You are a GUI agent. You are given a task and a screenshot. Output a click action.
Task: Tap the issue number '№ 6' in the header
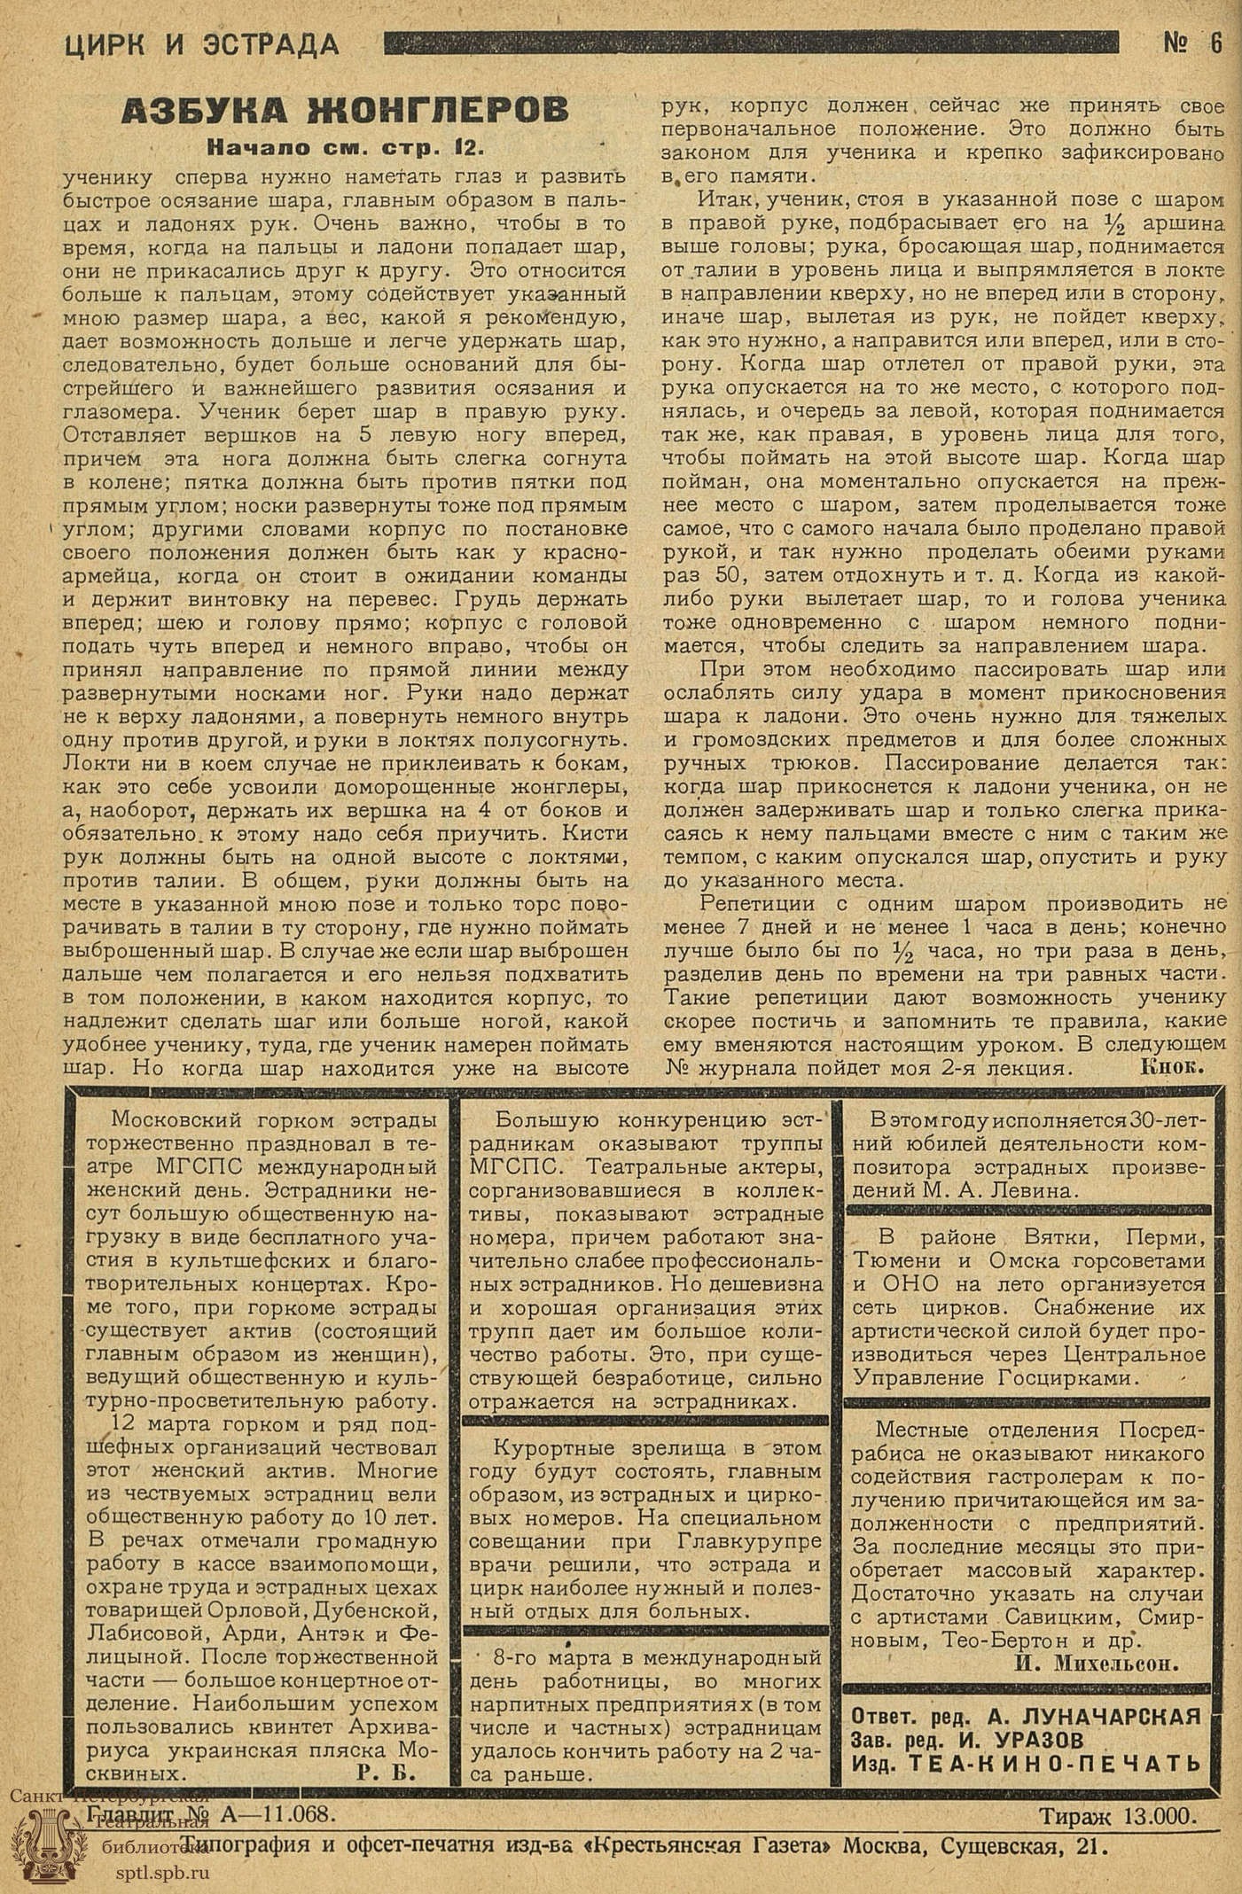coord(1192,43)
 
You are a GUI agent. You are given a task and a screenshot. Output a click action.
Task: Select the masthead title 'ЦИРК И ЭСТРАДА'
coord(202,44)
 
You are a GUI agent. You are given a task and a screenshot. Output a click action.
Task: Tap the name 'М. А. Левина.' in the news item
coord(997,1192)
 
